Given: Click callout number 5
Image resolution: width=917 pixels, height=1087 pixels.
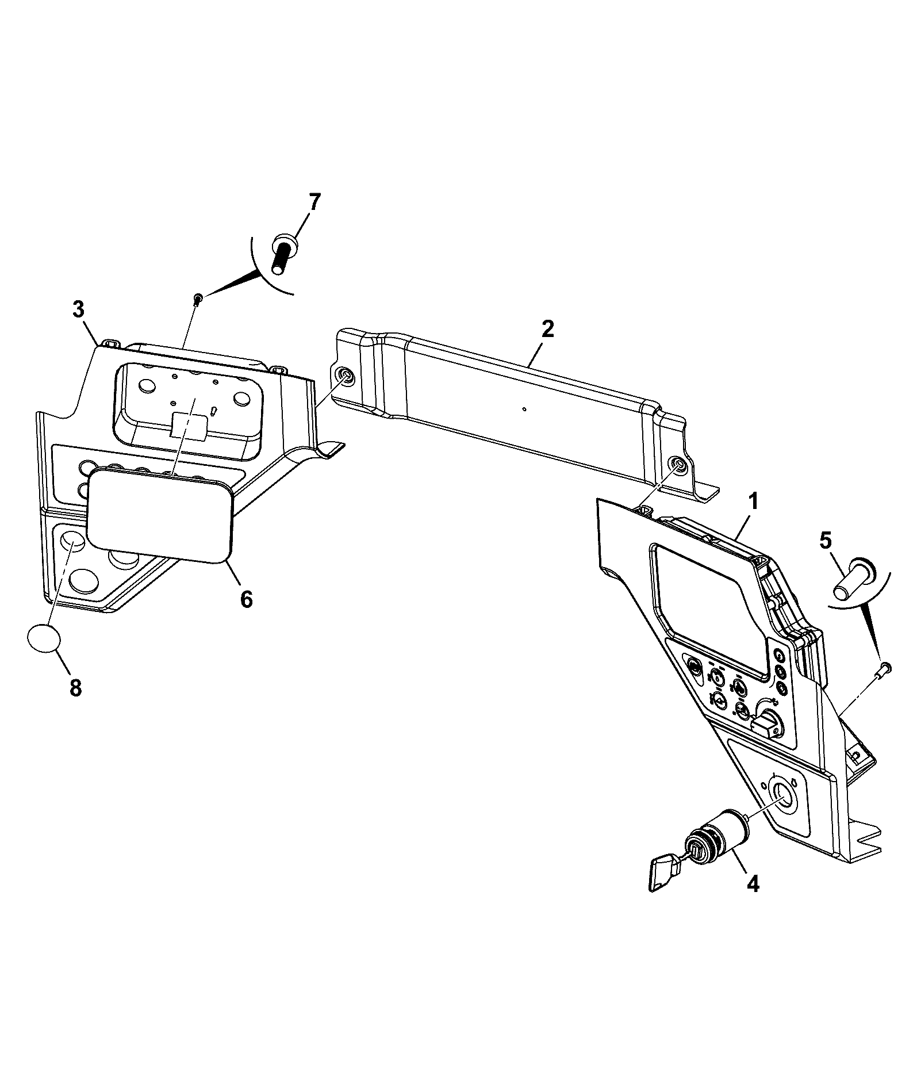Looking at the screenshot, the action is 824,540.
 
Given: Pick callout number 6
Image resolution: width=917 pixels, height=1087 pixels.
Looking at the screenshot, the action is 246,599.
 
